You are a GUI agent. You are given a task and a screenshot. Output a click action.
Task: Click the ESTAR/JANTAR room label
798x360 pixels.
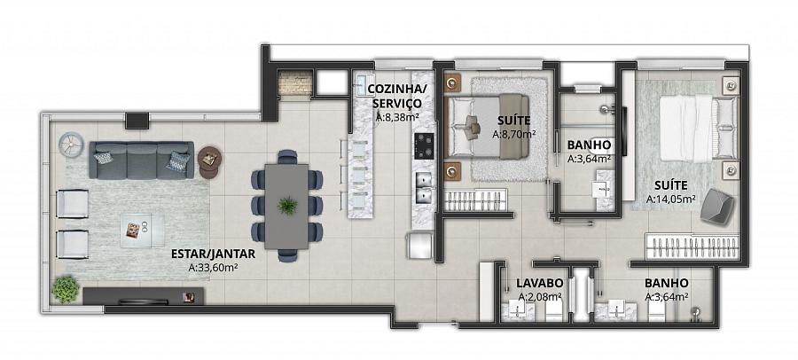213,254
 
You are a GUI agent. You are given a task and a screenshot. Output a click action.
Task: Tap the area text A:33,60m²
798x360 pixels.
214,267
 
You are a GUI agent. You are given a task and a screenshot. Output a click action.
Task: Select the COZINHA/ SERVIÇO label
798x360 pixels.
397,97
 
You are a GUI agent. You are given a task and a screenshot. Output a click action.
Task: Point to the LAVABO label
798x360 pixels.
539,283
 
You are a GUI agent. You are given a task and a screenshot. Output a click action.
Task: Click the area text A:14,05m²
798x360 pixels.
671,200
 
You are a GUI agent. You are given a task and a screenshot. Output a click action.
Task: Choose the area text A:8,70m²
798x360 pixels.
514,135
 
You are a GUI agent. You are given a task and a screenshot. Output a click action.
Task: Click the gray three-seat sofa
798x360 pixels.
142,160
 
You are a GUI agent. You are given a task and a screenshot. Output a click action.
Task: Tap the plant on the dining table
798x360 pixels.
287,205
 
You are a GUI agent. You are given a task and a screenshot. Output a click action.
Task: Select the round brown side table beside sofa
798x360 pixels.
209,162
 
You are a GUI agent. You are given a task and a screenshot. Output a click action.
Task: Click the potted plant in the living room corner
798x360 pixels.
66,289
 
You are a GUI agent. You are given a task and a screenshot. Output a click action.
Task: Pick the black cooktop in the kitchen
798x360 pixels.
424,146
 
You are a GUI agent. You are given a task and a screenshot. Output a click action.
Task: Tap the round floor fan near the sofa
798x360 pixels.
70,145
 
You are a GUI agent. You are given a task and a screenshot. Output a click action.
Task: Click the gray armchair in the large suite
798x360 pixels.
717,206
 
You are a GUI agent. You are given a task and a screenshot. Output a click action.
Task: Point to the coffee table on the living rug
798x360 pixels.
142,231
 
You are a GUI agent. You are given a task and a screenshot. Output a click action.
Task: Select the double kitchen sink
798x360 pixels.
424,188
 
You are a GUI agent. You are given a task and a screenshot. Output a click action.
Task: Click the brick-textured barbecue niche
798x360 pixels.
295,84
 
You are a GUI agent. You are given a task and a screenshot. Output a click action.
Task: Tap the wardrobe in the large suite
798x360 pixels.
692,247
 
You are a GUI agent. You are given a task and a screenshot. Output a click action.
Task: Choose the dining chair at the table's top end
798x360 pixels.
287,156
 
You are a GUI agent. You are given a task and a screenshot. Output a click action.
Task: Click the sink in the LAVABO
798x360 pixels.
518,310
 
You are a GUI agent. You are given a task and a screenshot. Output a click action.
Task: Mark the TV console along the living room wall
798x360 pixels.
144,296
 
